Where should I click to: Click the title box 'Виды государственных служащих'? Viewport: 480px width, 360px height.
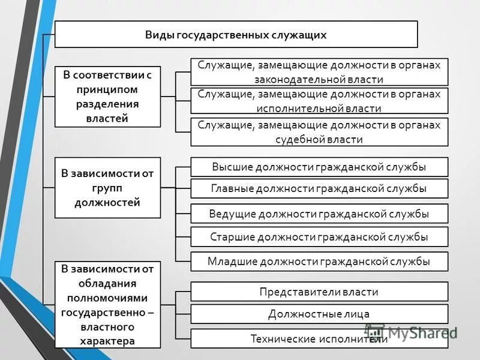tap(236, 34)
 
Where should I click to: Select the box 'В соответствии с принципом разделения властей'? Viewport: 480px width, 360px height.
tap(107, 96)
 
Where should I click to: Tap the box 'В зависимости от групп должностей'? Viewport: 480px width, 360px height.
tap(107, 188)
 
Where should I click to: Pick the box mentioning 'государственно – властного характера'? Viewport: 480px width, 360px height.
tap(107, 304)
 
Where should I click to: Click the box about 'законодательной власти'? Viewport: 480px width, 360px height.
tap(319, 71)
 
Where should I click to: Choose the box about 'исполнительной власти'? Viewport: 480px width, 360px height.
tap(319, 101)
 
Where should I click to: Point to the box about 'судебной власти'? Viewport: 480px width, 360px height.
tap(319, 132)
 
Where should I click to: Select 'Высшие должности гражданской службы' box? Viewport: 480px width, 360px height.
tap(319, 167)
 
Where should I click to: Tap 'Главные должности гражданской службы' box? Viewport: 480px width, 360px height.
tap(319, 188)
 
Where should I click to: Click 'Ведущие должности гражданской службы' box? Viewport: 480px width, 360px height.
tap(319, 214)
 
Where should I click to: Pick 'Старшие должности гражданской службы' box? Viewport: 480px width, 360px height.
tap(319, 236)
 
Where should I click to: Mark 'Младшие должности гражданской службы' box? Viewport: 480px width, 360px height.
tap(319, 261)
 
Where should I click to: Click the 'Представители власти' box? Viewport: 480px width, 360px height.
tap(319, 292)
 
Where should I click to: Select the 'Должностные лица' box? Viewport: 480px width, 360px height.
tap(319, 314)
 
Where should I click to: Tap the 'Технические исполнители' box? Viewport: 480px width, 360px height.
tap(319, 338)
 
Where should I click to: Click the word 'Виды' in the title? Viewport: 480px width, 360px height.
tap(158, 35)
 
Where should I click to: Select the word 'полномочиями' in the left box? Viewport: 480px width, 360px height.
tap(107, 298)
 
